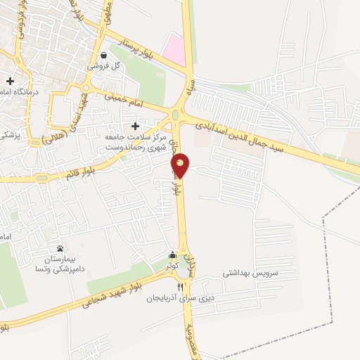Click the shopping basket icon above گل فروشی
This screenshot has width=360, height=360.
click(104, 55)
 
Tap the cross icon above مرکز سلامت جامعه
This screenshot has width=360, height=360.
click(135, 126)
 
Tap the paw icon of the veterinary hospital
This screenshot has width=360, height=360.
click(60, 249)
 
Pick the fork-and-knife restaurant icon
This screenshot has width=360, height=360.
click(180, 287)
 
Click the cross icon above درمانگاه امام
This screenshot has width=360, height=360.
click(10, 81)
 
